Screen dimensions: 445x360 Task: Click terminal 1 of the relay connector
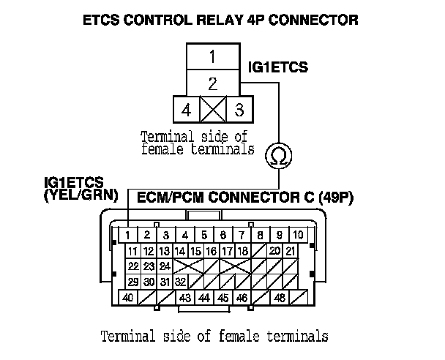212,56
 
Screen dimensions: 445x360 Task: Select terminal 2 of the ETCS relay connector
212,83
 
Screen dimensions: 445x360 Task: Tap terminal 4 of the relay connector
186,110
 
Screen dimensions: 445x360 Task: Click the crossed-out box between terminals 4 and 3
212,110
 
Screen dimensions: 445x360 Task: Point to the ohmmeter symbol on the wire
279,154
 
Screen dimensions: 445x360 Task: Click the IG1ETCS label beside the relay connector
279,68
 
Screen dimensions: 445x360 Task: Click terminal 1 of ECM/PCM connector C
128,235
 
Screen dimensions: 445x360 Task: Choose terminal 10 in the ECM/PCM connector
299,235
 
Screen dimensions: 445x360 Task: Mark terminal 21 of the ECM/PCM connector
291,251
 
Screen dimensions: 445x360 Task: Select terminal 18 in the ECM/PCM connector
243,251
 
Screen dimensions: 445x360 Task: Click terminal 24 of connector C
165,266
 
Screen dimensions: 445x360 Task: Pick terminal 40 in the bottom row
128,298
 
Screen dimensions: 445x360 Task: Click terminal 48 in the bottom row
279,298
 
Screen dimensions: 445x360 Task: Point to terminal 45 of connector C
222,298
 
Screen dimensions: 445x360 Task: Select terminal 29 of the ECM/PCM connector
132,282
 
